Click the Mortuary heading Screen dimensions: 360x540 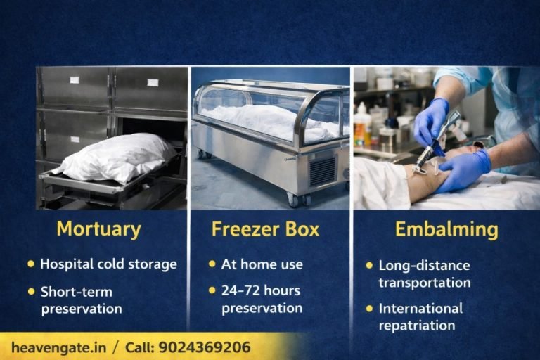click(x=98, y=229)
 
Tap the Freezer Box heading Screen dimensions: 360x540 click(x=265, y=229)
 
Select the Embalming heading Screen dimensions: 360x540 click(x=436, y=229)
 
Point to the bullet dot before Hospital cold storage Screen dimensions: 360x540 click(x=31, y=264)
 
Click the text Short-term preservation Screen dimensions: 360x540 click(x=81, y=300)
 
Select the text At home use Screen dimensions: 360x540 click(x=262, y=264)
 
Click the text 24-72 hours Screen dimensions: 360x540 click(x=260, y=290)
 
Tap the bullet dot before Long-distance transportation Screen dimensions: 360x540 click(x=368, y=266)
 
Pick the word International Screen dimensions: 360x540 click(x=420, y=308)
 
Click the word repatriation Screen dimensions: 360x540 click(x=416, y=325)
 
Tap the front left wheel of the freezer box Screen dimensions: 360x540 click(x=292, y=200)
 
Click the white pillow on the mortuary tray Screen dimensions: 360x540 click(x=116, y=156)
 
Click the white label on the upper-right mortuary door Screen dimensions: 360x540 click(x=153, y=82)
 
